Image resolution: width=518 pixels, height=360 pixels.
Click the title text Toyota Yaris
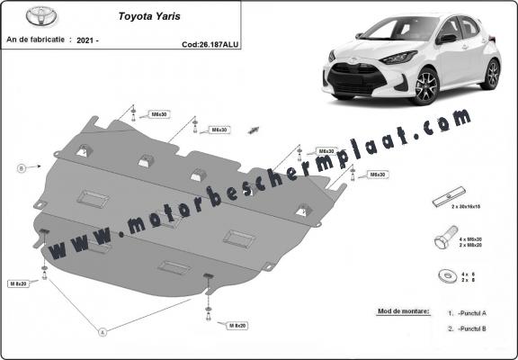click(148, 15)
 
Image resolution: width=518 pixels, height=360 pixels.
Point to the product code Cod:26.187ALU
click(210, 42)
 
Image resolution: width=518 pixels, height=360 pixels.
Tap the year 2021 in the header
click(88, 41)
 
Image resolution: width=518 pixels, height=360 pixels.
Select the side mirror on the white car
click(447, 39)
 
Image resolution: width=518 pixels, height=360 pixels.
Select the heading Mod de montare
click(404, 311)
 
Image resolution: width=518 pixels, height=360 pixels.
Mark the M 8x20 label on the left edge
click(18, 283)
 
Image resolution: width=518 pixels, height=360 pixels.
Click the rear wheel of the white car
click(490, 74)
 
